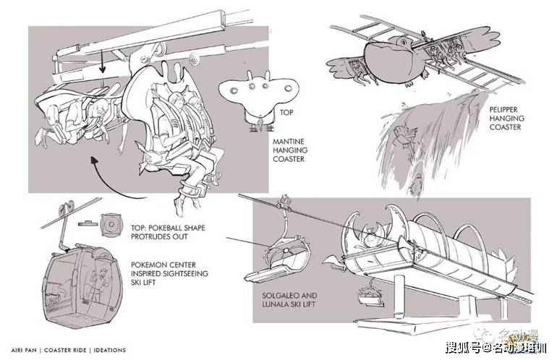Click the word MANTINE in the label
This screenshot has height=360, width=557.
289,141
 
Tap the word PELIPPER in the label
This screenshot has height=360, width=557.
503,109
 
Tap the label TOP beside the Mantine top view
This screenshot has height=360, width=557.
286,113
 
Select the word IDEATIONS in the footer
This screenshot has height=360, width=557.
110,350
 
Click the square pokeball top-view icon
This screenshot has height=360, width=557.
111,225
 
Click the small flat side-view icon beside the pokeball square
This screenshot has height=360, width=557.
88,223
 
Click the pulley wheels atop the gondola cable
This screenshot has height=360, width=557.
66,207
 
